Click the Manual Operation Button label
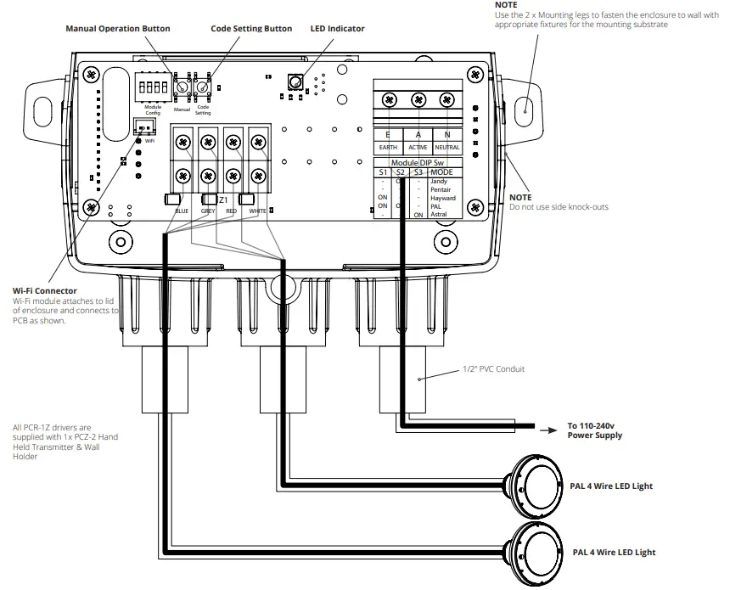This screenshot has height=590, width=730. tap(118, 29)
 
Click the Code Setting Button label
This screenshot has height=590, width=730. tap(251, 29)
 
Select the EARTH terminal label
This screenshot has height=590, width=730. tap(388, 148)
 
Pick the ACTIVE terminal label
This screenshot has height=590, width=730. tap(418, 148)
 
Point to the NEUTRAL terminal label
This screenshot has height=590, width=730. tap(447, 148)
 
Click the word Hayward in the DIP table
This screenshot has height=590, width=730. tap(442, 198)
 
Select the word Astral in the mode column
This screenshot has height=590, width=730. tap(438, 215)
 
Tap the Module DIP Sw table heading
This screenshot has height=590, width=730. tap(418, 162)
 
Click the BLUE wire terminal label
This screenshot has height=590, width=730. tap(182, 211)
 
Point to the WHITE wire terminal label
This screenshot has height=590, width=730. tap(257, 211)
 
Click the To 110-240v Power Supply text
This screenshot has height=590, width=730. tap(594, 430)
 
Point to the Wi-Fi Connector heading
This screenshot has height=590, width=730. tap(44, 291)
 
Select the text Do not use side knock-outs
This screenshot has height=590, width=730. tap(559, 207)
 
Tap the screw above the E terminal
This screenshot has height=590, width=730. tap(389, 100)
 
